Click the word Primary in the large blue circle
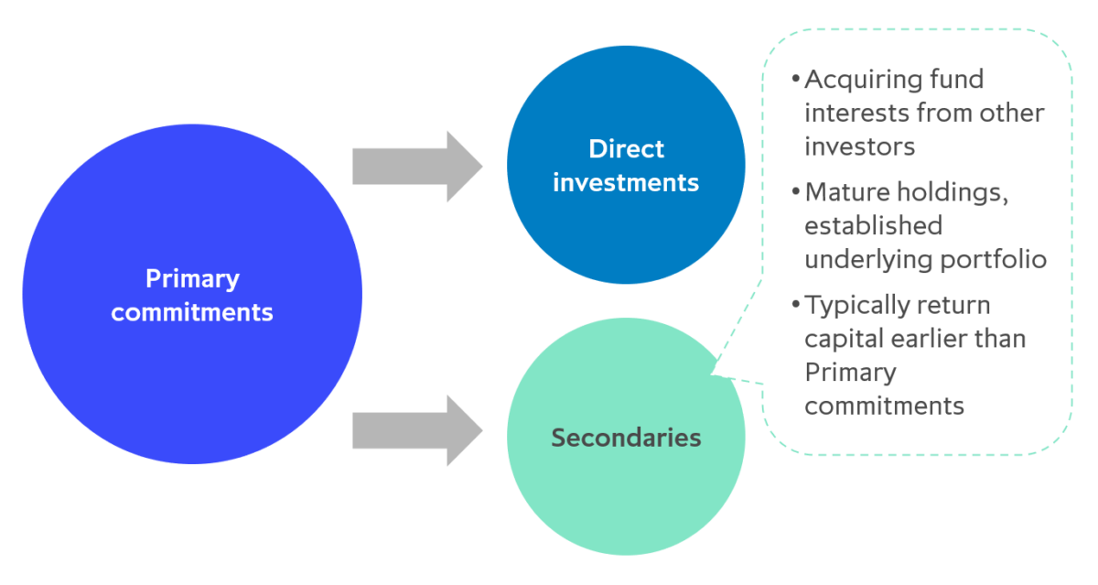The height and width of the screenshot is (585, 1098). (192, 278)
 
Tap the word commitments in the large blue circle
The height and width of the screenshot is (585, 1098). (192, 311)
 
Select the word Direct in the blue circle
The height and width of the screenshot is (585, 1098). (626, 149)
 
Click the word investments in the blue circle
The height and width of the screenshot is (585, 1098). (626, 182)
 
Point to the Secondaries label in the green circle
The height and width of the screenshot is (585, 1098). (626, 438)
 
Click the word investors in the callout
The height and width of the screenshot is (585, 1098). (860, 146)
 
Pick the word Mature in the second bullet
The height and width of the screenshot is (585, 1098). (844, 192)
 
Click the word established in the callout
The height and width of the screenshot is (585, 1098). (873, 225)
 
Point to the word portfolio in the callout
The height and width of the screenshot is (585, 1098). (994, 258)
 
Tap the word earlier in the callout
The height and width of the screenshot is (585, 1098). (941, 338)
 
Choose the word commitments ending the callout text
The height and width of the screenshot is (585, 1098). (884, 405)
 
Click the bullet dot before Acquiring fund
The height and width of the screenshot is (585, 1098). (795, 81)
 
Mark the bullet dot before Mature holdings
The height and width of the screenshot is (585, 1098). (795, 193)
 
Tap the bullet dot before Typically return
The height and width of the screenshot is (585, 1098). (795, 306)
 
